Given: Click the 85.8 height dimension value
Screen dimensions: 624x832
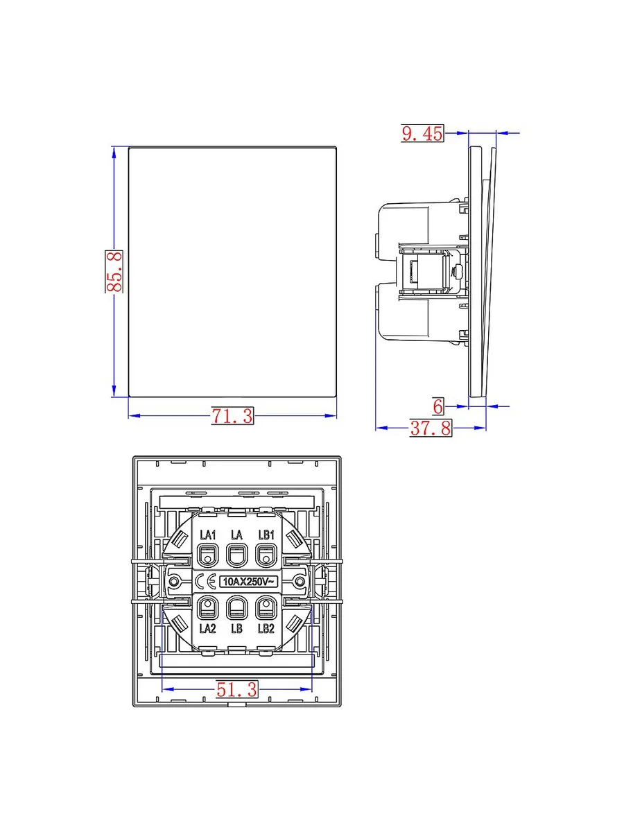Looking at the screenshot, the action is (x=114, y=271).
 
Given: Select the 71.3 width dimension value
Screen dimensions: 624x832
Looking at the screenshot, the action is (x=232, y=416).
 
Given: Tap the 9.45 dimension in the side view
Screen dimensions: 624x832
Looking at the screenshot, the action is (x=422, y=133).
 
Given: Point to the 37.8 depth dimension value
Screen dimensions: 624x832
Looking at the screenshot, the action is (x=431, y=428).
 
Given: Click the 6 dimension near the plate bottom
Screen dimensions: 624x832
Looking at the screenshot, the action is (x=438, y=407).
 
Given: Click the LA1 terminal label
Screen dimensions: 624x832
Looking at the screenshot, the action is (x=207, y=535).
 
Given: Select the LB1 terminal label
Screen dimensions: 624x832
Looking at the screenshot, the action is (x=266, y=535).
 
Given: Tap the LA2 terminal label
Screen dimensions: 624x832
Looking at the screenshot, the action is (x=207, y=628).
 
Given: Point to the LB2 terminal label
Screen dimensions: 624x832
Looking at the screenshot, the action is (x=266, y=628).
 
